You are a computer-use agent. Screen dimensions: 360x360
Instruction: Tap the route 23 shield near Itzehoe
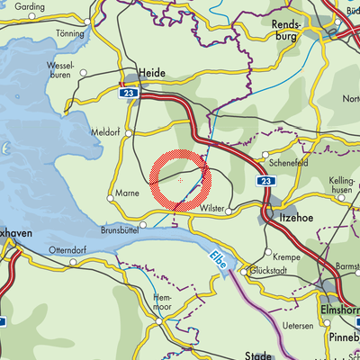coord(265,181)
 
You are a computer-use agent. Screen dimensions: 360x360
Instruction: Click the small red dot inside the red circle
coord(181,181)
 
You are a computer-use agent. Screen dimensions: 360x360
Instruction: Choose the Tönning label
coord(69,31)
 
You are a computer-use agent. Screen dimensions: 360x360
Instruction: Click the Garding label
coord(30,6)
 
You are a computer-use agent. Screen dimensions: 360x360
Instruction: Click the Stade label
coord(257,355)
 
